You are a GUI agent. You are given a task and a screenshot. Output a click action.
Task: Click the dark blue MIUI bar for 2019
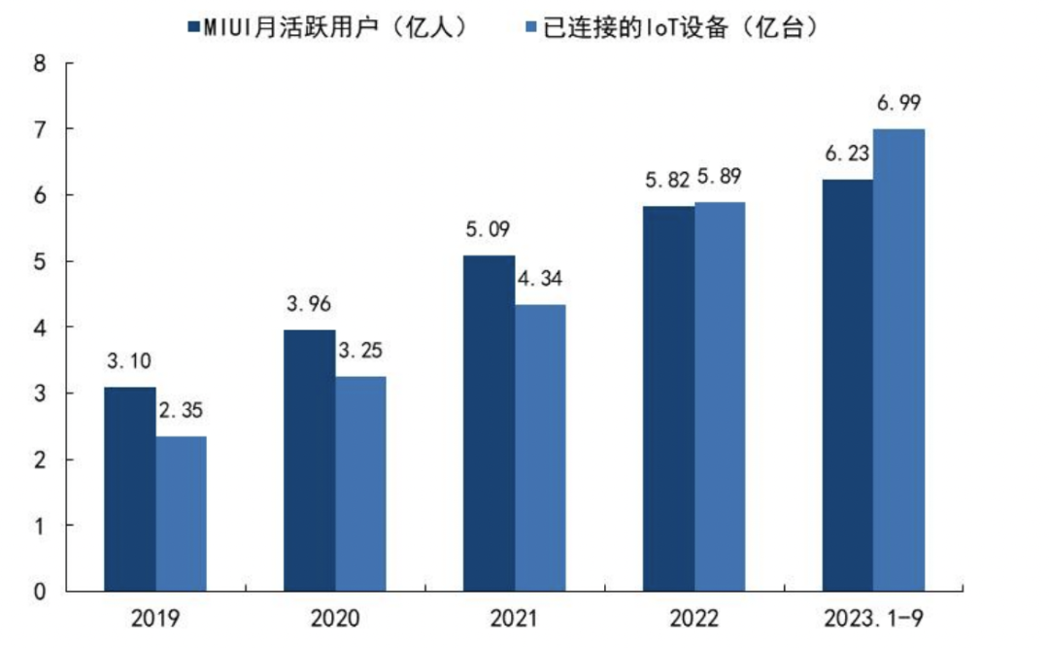[x=130, y=489]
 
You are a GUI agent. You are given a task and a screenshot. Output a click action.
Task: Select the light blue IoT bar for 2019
[x=181, y=513]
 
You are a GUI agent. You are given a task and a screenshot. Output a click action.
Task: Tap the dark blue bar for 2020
[x=309, y=460]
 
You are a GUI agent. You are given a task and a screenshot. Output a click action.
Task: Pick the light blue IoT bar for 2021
[x=539, y=447]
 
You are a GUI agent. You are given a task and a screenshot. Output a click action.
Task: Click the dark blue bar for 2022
[x=668, y=398]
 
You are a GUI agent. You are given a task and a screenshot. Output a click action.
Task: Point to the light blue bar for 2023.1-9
[x=897, y=359]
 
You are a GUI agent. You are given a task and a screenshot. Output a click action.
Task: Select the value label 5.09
[x=488, y=230]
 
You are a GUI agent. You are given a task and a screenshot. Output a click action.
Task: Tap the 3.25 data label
[x=360, y=351]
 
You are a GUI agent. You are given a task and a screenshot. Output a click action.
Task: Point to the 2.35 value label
[x=182, y=411]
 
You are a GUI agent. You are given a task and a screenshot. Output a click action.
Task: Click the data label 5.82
[x=666, y=180]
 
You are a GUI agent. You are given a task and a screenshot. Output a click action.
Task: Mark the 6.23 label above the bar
[x=846, y=153]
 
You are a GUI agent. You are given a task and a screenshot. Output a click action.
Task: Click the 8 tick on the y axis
[x=40, y=63]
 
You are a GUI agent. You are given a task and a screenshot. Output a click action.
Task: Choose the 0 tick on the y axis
[x=40, y=591]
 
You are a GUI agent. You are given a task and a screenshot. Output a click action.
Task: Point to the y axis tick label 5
[x=40, y=261]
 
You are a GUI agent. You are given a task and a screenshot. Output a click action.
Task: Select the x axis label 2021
[x=514, y=619]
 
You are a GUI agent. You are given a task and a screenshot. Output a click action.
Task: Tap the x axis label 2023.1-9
[x=872, y=619]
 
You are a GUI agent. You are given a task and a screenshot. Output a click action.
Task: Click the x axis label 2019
[x=155, y=619]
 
